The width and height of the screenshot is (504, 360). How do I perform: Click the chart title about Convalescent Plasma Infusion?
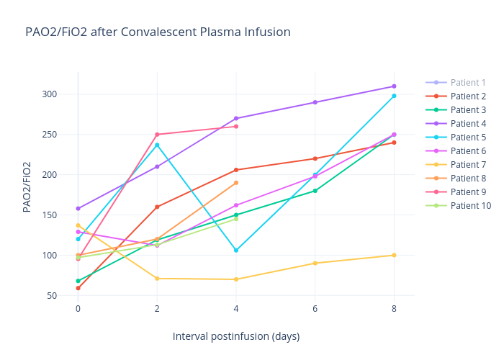tap(158, 32)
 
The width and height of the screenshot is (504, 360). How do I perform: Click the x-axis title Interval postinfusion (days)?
tap(235, 336)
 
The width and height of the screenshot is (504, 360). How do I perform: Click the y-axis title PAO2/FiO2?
tap(27, 186)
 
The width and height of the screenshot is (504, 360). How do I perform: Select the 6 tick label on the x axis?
tap(315, 308)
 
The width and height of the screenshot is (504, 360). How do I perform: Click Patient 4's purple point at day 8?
tap(394, 86)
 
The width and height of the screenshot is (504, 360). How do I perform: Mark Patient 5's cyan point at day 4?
tap(236, 251)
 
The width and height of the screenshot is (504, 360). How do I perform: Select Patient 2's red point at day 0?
tap(78, 288)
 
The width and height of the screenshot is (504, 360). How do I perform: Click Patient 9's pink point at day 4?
tap(236, 127)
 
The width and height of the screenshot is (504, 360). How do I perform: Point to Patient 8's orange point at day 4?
tap(236, 183)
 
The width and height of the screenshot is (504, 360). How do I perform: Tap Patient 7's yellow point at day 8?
tap(394, 255)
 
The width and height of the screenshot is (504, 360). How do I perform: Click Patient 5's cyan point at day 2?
tap(157, 145)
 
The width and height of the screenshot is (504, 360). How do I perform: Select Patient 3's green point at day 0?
tap(78, 281)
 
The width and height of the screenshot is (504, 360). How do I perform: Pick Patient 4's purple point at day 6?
tap(315, 102)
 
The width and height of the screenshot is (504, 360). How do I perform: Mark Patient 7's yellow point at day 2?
tap(157, 279)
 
